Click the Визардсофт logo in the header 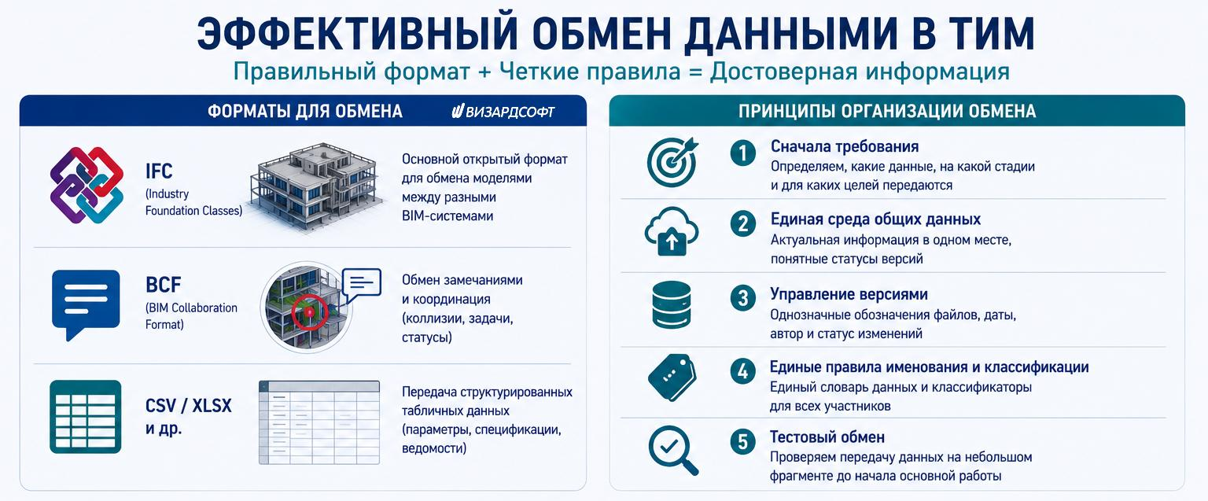[x=503, y=112]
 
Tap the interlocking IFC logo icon [x=87, y=185]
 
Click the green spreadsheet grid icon [x=85, y=416]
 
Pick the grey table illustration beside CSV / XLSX [x=319, y=423]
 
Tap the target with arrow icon [x=672, y=162]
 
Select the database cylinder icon [x=672, y=304]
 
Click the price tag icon [x=672, y=377]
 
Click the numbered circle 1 [x=743, y=153]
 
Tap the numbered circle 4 [x=743, y=371]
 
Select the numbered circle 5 [x=743, y=442]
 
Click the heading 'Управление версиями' [x=849, y=294]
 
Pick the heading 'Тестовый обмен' [x=827, y=437]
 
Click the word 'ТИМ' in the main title [x=979, y=34]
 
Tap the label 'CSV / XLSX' [x=188, y=406]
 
